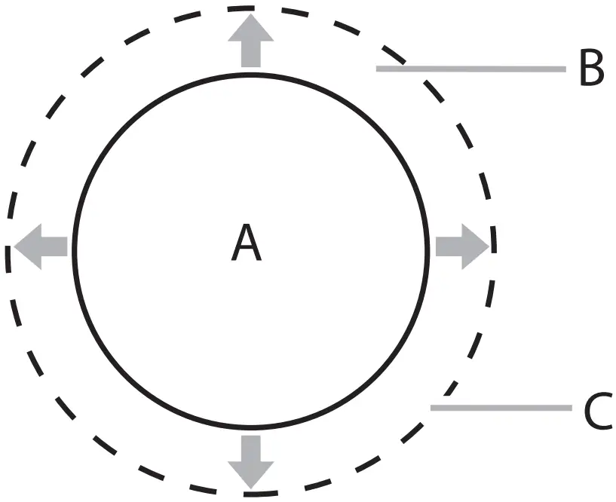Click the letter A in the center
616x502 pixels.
[x=247, y=244]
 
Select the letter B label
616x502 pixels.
[x=591, y=69]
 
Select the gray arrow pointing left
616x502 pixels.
[x=41, y=246]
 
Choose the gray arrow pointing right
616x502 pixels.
[x=461, y=246]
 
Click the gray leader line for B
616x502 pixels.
[x=470, y=69]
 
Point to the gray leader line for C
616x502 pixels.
[x=501, y=408]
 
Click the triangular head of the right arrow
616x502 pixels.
[x=474, y=246]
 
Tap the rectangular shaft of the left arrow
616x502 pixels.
[x=57, y=246]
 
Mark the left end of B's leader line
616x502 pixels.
[x=378, y=69]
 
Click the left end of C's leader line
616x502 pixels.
[x=433, y=408]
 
